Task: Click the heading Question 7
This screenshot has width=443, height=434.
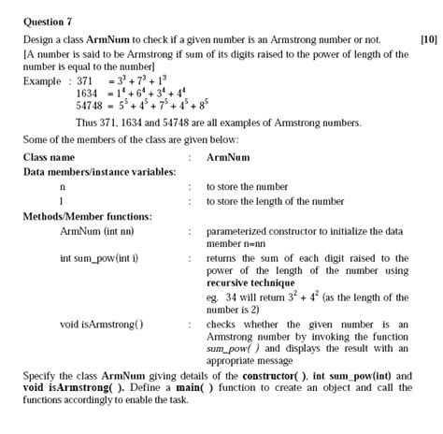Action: tap(48, 20)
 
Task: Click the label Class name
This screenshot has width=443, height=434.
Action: tap(49, 158)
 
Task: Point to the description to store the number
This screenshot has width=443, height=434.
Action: tap(247, 187)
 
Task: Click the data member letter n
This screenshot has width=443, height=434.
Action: tap(62, 187)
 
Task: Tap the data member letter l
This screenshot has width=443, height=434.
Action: tap(61, 201)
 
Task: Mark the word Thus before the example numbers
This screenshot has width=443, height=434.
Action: tap(87, 123)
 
